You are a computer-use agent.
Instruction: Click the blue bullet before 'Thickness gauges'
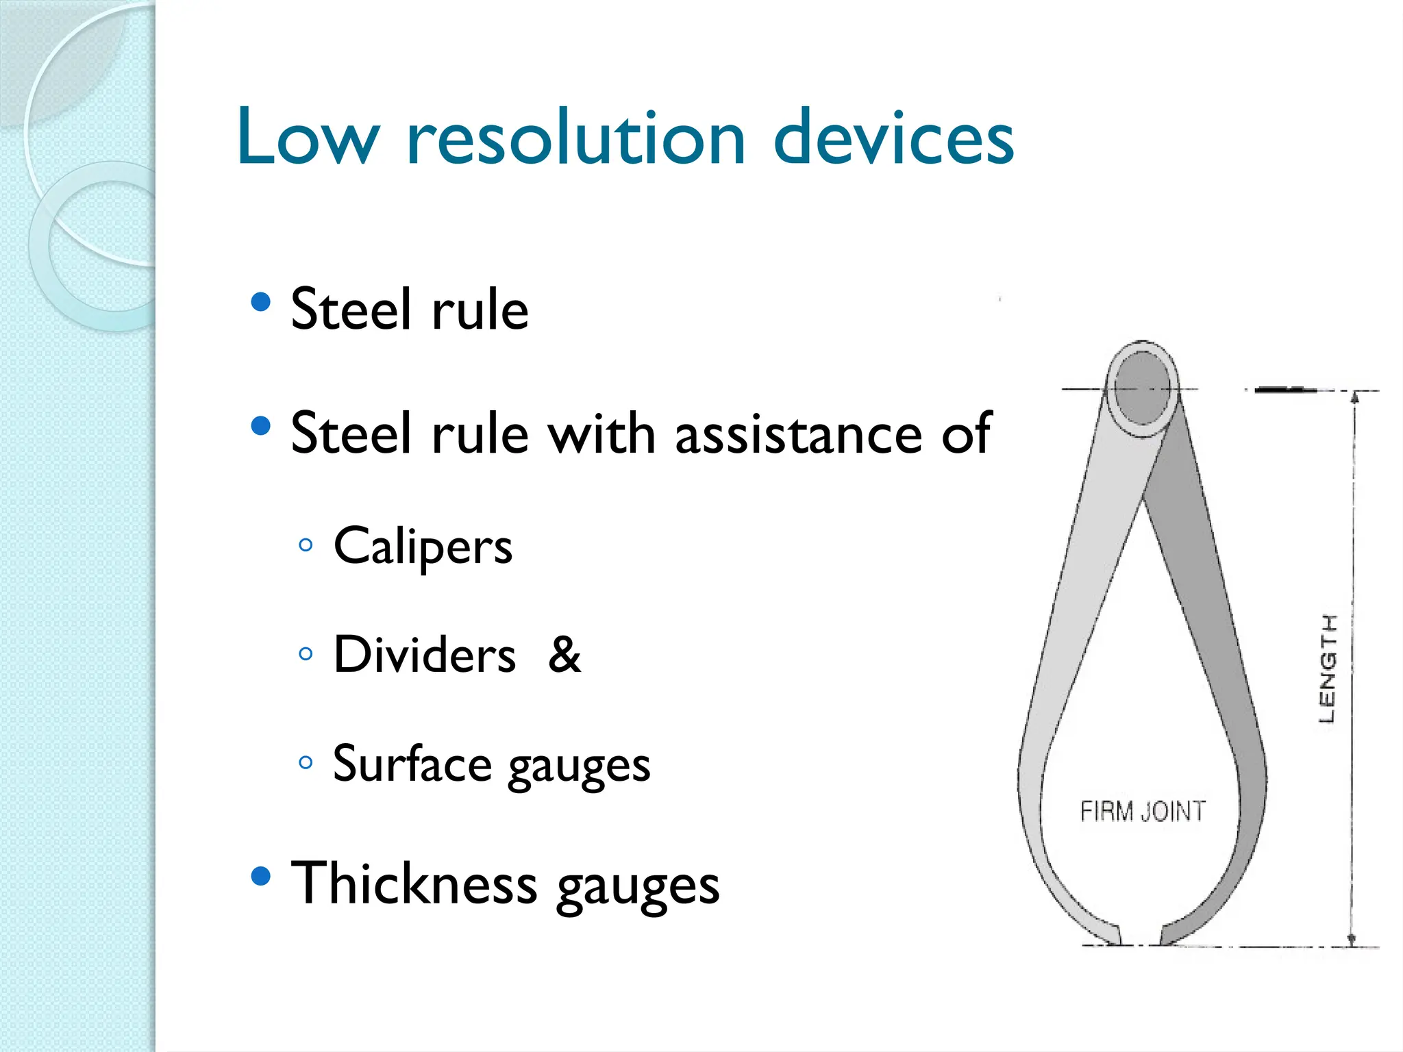click(x=260, y=876)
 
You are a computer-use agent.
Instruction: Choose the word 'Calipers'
click(x=423, y=547)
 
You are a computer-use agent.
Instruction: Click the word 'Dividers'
click(x=424, y=655)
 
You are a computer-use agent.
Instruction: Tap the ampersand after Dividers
click(x=564, y=655)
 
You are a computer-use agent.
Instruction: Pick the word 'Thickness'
click(x=414, y=884)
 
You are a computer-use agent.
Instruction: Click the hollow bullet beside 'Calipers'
click(x=306, y=545)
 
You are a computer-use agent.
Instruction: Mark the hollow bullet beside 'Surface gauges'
click(x=306, y=762)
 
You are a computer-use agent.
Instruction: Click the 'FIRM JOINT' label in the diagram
click(x=1142, y=812)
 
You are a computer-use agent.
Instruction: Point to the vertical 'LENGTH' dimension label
click(x=1328, y=668)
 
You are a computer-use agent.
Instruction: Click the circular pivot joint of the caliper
click(x=1142, y=388)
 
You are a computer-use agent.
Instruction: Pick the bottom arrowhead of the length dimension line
click(x=1352, y=940)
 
